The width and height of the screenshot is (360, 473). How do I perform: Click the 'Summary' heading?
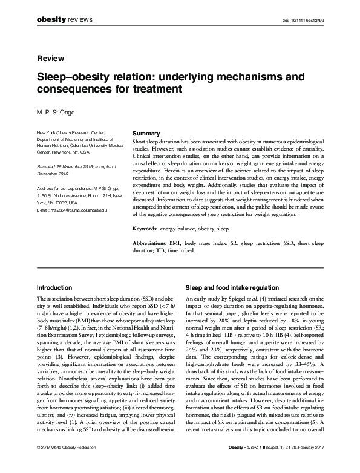tap(146, 133)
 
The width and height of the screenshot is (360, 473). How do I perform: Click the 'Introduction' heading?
tap(56, 288)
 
